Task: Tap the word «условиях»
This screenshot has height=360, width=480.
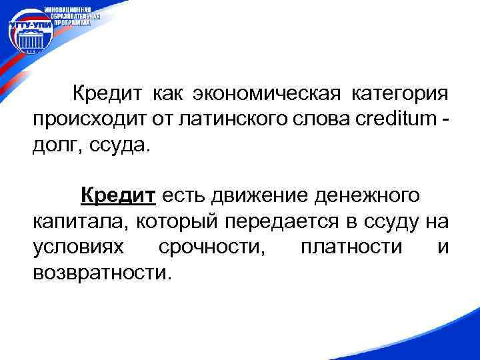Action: coord(78,247)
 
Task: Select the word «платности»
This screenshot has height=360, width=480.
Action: coord(351,247)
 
